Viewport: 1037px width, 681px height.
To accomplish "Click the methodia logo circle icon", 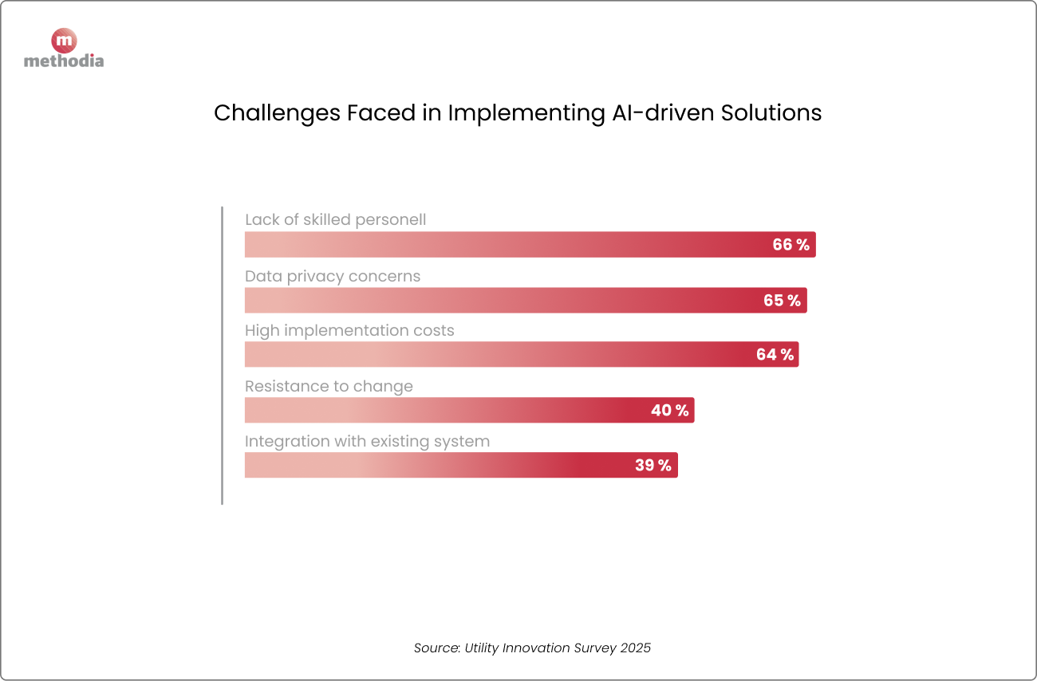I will click(x=64, y=41).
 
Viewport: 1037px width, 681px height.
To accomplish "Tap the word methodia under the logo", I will click(x=64, y=61).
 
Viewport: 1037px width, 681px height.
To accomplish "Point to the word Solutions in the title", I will click(x=771, y=113).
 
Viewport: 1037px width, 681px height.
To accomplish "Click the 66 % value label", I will click(x=791, y=245).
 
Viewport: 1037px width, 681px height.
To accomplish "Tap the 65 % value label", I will click(x=782, y=301).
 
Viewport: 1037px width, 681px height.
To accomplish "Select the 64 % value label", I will click(x=775, y=355).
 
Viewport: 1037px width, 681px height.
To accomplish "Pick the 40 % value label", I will click(x=669, y=411).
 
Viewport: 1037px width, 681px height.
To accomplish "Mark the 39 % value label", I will click(x=653, y=466).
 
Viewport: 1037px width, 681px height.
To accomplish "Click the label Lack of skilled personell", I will click(x=335, y=220).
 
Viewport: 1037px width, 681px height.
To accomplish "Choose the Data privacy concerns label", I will click(x=332, y=277).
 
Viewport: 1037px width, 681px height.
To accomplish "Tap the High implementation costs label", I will click(x=349, y=331).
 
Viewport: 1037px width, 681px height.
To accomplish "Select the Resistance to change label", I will click(x=329, y=387).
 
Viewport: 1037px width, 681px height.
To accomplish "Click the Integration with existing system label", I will click(x=367, y=442).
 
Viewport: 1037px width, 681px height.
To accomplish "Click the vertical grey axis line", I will click(x=222, y=356).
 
